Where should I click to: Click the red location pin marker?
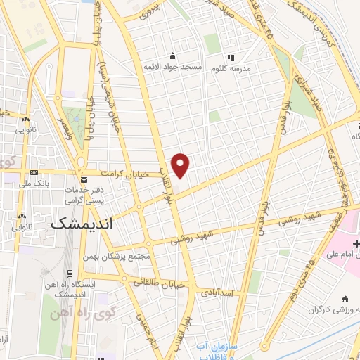(181, 165)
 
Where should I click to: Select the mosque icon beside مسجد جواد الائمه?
(172, 56)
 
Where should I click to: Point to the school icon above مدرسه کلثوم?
(228, 58)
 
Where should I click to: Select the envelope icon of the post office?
(84, 181)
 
